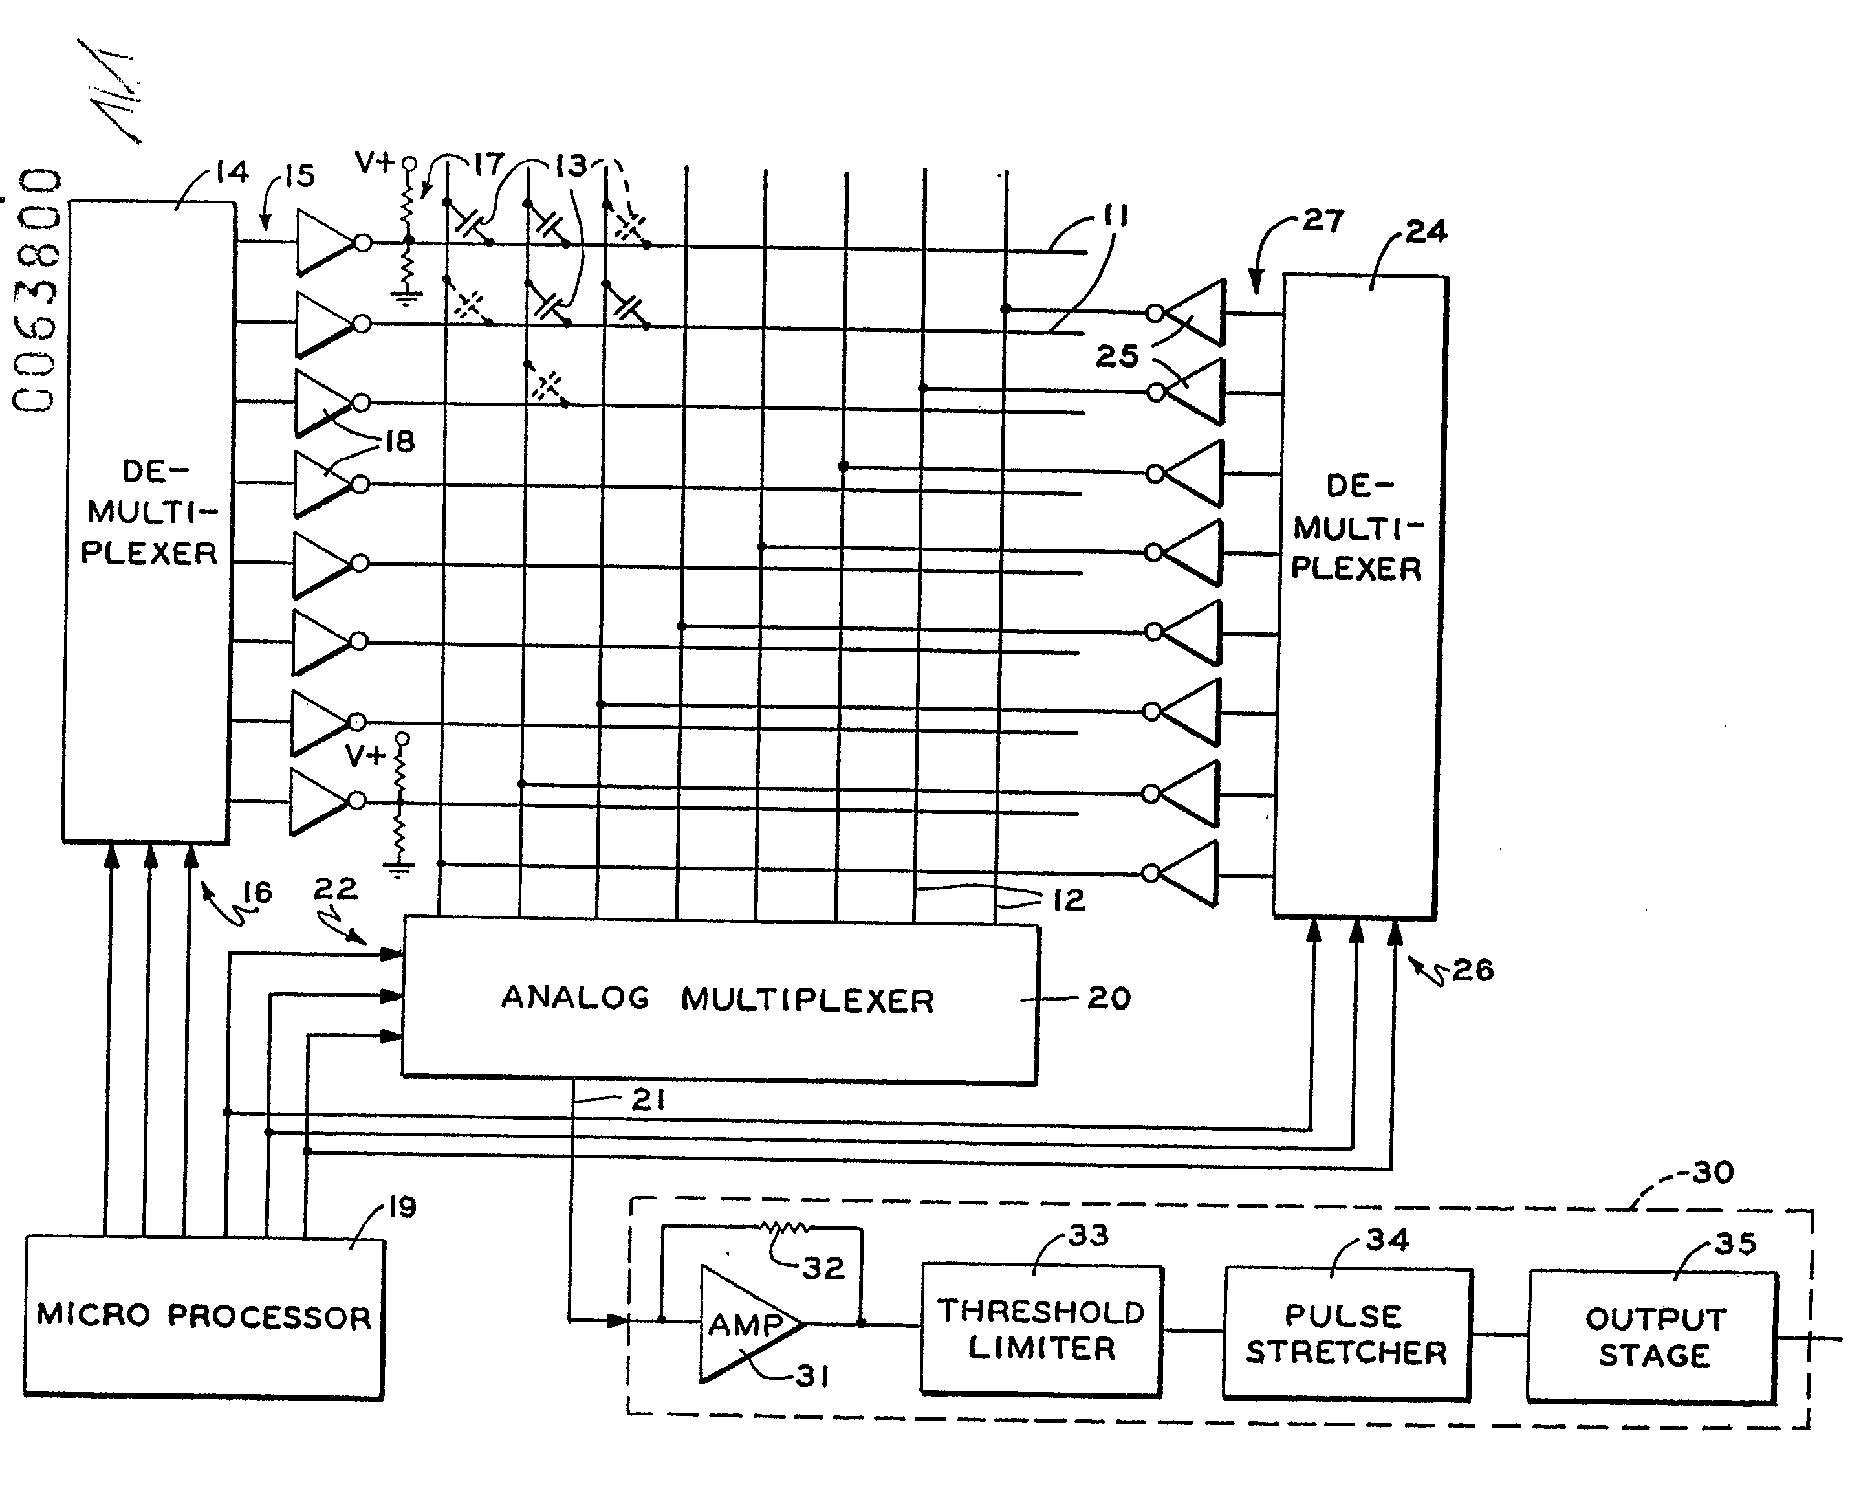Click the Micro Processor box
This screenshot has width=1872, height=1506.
point(204,1316)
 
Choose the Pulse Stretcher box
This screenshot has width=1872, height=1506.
point(1346,1334)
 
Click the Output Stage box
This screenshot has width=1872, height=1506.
point(1654,1336)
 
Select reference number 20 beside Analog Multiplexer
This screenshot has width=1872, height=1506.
point(1109,999)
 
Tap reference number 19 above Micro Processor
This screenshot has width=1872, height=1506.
point(402,1206)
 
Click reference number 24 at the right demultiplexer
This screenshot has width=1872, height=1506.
point(1426,232)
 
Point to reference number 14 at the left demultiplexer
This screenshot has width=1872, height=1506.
point(232,172)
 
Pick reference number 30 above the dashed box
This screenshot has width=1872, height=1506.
point(1713,1173)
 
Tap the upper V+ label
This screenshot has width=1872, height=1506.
point(375,162)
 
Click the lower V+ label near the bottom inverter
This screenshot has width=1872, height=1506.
point(365,756)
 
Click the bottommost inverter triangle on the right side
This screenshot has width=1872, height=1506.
point(1190,874)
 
